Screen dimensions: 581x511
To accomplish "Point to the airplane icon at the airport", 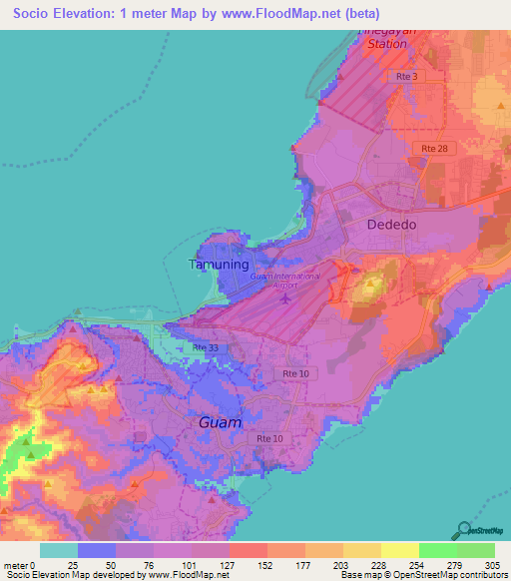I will click(x=287, y=296).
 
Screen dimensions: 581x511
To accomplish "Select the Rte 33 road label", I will click(x=206, y=346).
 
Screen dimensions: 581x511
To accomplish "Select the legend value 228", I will click(x=359, y=566).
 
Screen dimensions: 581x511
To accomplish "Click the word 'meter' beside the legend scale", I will click(x=15, y=566).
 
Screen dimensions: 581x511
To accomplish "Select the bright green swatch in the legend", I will click(x=438, y=550).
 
